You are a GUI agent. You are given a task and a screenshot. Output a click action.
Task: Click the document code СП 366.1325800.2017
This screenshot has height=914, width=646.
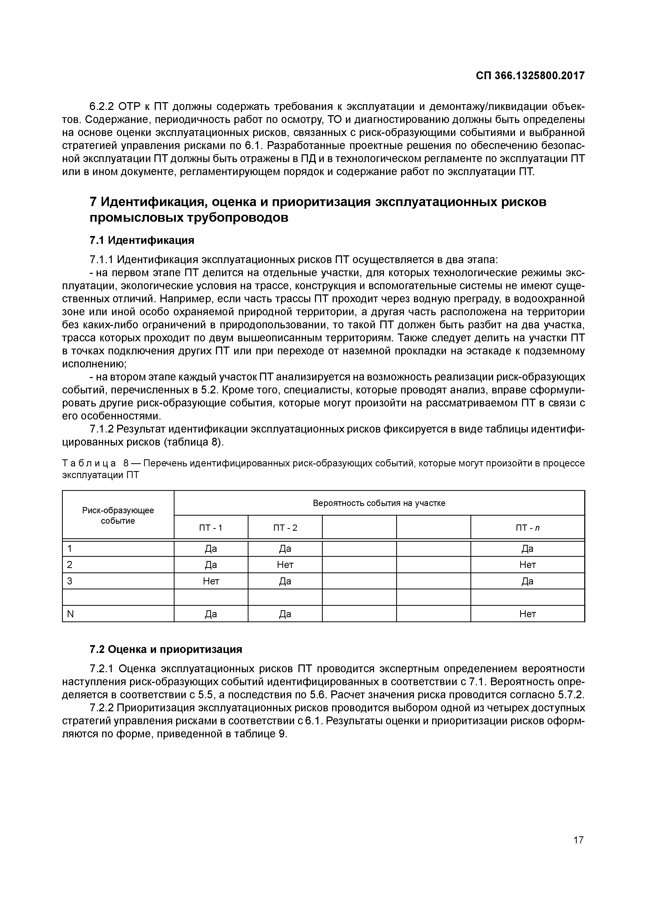pos(530,75)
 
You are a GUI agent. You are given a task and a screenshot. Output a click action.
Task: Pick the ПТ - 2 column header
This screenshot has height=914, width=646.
pos(285,528)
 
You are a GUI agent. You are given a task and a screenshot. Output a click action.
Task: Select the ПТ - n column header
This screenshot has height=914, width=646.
pos(527,528)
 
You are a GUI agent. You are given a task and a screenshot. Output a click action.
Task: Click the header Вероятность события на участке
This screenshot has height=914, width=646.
pos(379,503)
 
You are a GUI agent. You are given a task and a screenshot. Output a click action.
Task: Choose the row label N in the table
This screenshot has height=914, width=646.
pos(70,614)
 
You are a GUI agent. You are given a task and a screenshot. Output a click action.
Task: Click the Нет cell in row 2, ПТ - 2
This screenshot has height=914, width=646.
pos(285,565)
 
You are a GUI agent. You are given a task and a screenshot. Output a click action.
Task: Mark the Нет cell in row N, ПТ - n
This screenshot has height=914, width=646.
pos(527,614)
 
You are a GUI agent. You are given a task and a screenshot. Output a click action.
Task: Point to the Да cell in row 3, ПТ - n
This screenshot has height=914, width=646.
pos(527,581)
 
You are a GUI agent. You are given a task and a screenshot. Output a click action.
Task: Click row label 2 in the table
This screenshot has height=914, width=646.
pos(70,565)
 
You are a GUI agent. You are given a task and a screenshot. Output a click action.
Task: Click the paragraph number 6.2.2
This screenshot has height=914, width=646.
pos(102,107)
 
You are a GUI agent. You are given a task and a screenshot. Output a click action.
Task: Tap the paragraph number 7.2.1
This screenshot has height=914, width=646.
pos(102,668)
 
